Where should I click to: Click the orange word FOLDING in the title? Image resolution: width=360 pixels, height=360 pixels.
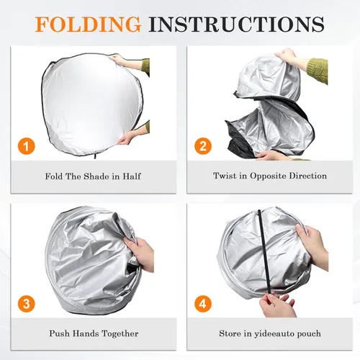coord(88,24)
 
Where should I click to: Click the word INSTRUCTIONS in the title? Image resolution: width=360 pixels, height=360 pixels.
coord(236,24)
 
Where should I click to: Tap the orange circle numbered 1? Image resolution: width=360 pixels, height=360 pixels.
coord(27,146)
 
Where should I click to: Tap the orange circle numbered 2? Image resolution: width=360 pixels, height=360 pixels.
coord(203,146)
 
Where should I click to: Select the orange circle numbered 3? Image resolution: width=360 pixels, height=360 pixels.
coord(27,304)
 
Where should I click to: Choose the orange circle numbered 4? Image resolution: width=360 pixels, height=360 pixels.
coord(203,304)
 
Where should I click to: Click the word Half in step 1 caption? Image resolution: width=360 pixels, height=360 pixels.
coord(132,176)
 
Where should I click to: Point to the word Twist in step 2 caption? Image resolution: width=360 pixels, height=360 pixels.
coord(222,176)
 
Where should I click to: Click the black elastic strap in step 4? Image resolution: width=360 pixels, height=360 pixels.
coord(264,252)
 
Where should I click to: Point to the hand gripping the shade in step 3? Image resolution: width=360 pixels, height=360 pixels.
coord(140,253)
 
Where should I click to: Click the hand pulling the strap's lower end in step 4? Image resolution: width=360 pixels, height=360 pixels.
coord(276,305)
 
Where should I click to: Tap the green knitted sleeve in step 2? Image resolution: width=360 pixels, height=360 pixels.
coord(318,70)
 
